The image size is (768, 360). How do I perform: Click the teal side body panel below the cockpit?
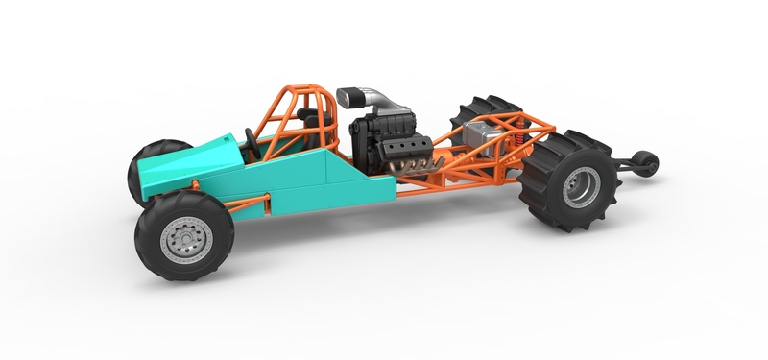pyautogui.click(x=307, y=187)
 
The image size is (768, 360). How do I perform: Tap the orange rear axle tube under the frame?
pyautogui.click(x=499, y=173)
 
